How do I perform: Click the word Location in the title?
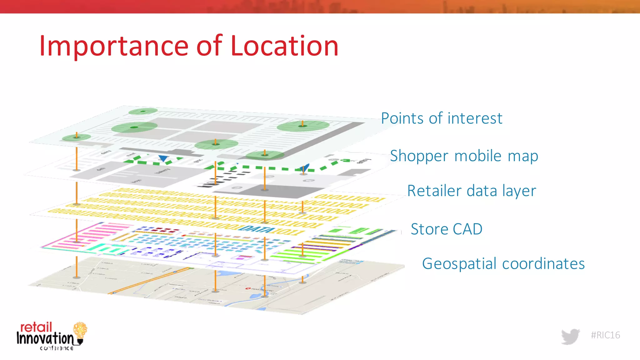click(284, 46)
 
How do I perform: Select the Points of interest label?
click(442, 118)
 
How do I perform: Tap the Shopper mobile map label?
click(464, 156)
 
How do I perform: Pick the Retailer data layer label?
click(472, 191)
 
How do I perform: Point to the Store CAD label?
click(447, 229)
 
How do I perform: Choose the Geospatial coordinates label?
click(503, 264)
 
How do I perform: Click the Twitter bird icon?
click(570, 336)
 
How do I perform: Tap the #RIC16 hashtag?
click(605, 335)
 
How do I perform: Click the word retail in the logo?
click(36, 327)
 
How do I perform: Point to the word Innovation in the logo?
click(45, 338)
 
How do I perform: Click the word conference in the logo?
click(57, 348)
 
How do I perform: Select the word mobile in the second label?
click(478, 156)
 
